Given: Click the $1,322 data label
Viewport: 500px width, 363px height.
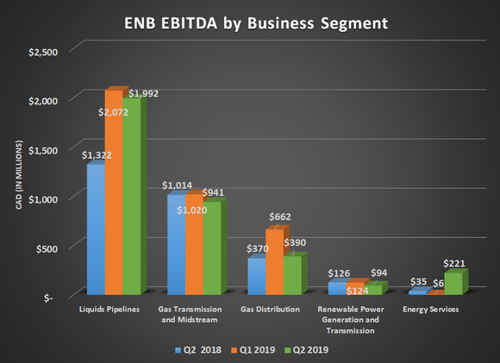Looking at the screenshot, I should coord(97,155).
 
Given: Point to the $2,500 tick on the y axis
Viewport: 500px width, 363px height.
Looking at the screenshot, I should coord(44,53).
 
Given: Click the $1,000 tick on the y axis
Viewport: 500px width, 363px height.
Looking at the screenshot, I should coord(44,198).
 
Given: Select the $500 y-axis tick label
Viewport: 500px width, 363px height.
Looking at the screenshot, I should coord(49,247).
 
